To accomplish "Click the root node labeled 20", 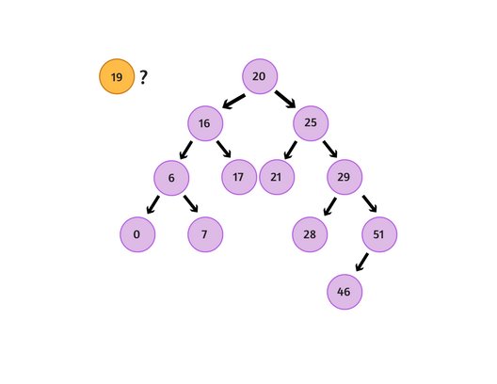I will point(260,76).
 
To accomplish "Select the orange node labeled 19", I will point(117,77).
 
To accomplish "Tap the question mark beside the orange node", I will point(143,77).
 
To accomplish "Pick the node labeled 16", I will point(204,123).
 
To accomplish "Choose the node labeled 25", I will point(311,123).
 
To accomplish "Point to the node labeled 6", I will point(171,178).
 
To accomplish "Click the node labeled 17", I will point(239,177).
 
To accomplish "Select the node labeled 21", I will point(277,177).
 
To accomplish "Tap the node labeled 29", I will point(345,177).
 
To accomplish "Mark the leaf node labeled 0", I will point(137,234).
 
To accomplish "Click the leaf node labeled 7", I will point(205,234).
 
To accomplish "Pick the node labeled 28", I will point(310,234).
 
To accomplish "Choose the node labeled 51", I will point(378,234).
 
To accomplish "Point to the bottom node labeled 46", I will point(345,292).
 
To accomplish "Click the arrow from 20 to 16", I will point(233,101).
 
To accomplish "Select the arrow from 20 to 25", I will point(285,100).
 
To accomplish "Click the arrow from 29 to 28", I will point(329,206).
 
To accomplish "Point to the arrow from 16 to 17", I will point(223,150).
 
